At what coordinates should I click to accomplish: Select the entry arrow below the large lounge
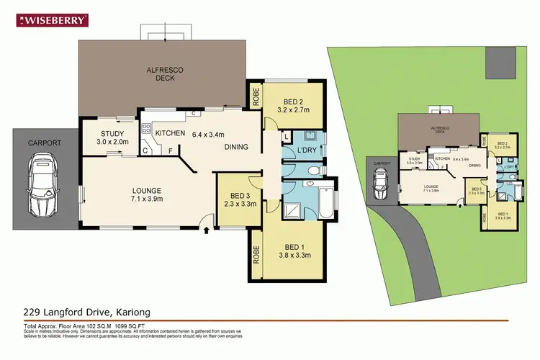207,230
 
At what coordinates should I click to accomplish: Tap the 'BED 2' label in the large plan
293,100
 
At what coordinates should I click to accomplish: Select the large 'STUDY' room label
113,134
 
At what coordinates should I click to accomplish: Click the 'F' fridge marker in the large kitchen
170,150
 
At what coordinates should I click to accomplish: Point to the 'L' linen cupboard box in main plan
287,136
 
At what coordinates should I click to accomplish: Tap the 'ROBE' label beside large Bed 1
255,253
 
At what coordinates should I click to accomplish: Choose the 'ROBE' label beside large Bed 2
255,96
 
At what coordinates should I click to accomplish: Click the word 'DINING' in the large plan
236,147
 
